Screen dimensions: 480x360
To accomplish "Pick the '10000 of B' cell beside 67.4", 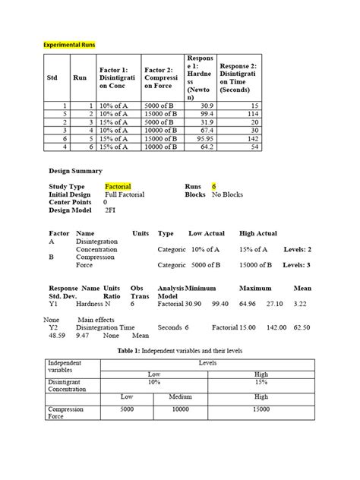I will pos(163,131).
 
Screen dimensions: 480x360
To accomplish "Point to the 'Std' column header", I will pos(52,77).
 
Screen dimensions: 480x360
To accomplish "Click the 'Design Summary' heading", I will pos(75,171).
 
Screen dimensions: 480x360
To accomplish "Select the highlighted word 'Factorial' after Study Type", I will pos(118,186).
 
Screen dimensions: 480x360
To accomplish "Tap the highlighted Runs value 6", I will pos(214,186).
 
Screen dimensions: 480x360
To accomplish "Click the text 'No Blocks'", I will pos(227,194).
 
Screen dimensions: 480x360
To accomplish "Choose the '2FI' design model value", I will pos(110,210).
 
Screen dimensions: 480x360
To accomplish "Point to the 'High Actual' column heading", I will pos(257,233).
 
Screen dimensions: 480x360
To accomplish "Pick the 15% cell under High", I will pos(261,383).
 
